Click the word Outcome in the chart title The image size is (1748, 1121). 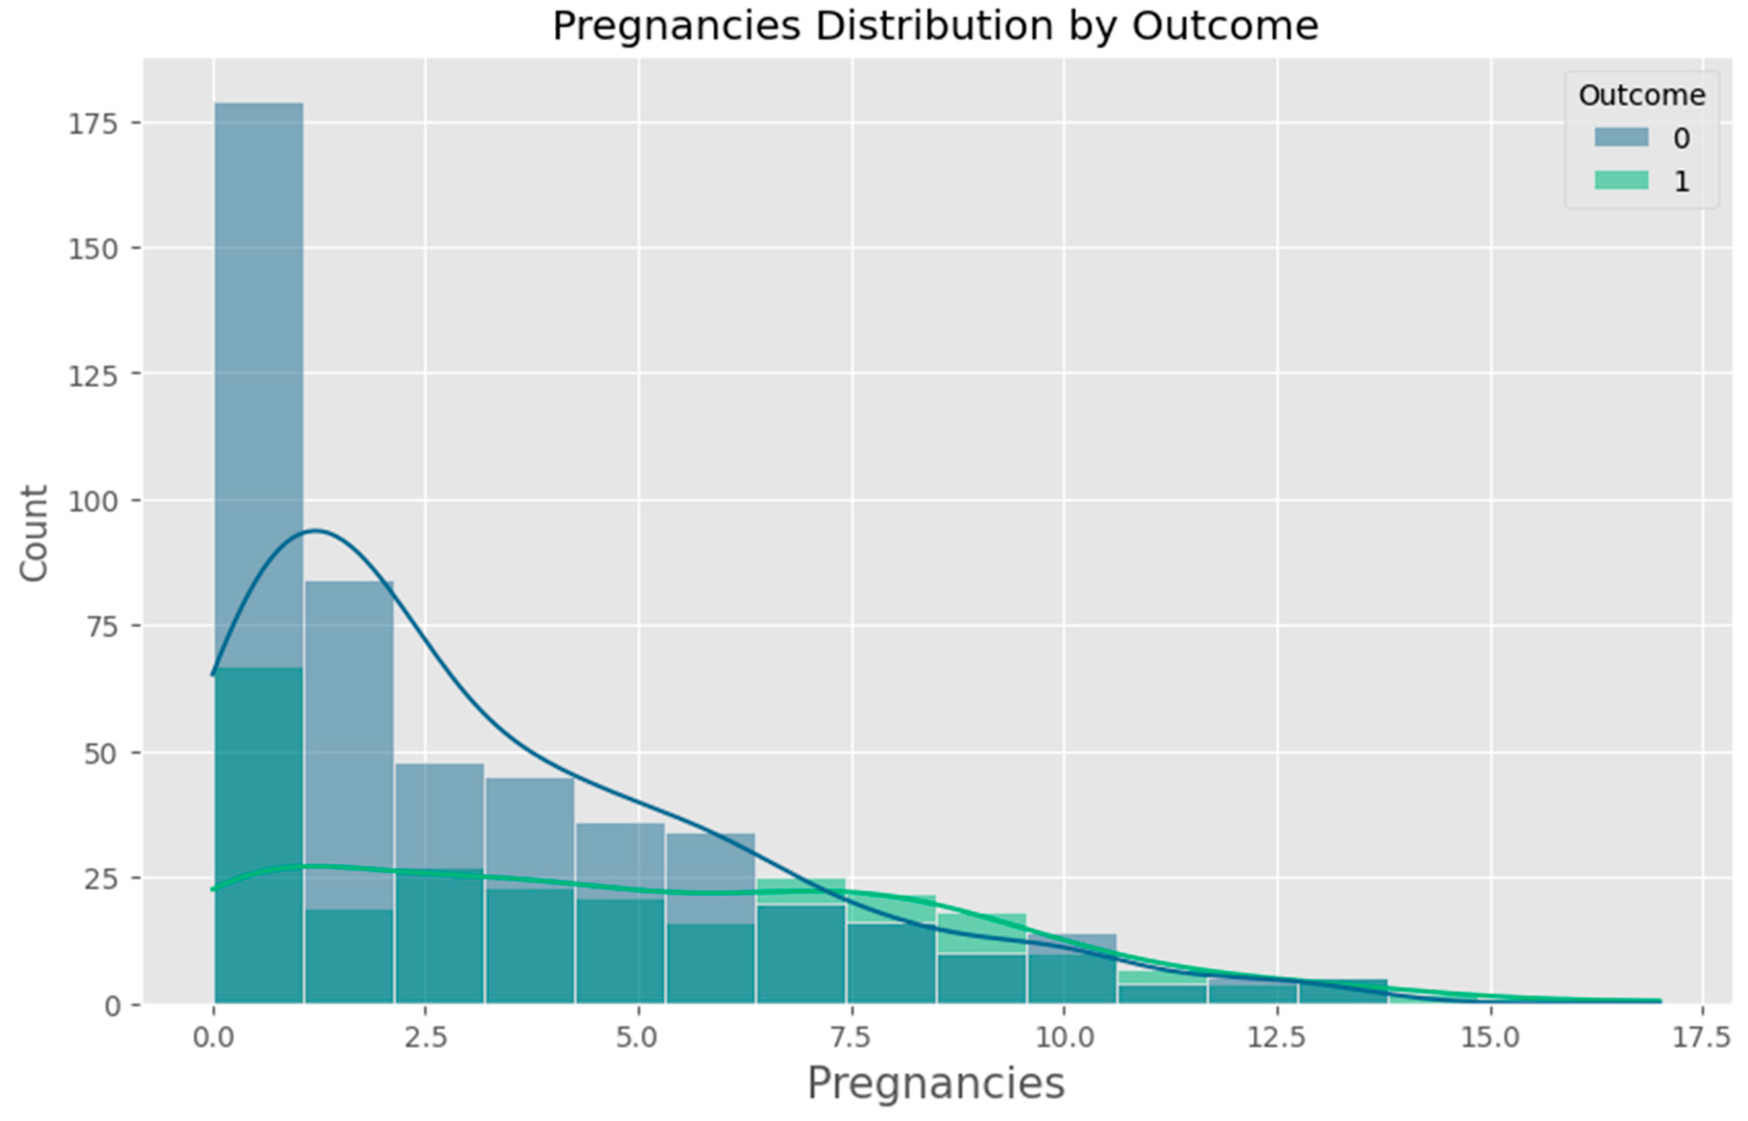click(x=1225, y=26)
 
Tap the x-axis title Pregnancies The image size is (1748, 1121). click(x=935, y=1083)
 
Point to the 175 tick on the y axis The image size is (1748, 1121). click(x=93, y=124)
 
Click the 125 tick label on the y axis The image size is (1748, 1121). click(x=93, y=376)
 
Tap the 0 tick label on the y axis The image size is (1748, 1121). click(x=112, y=1005)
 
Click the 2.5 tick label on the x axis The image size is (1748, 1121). click(x=425, y=1037)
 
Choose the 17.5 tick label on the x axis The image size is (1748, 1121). click(x=1701, y=1037)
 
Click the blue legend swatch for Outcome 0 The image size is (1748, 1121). click(x=1621, y=137)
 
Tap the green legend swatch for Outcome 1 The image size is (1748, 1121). click(x=1621, y=180)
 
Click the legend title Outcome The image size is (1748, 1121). click(x=1642, y=95)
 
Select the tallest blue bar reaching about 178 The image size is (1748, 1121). click(x=258, y=364)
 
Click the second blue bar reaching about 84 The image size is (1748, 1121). click(x=349, y=728)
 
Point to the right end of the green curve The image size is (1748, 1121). click(x=1660, y=1001)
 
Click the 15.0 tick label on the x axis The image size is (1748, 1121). click(x=1490, y=1037)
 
